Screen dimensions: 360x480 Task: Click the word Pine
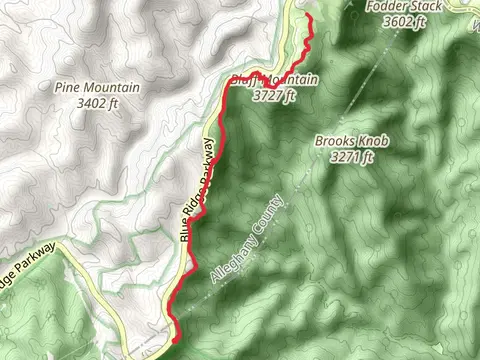71,87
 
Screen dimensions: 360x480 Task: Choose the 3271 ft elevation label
356,156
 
